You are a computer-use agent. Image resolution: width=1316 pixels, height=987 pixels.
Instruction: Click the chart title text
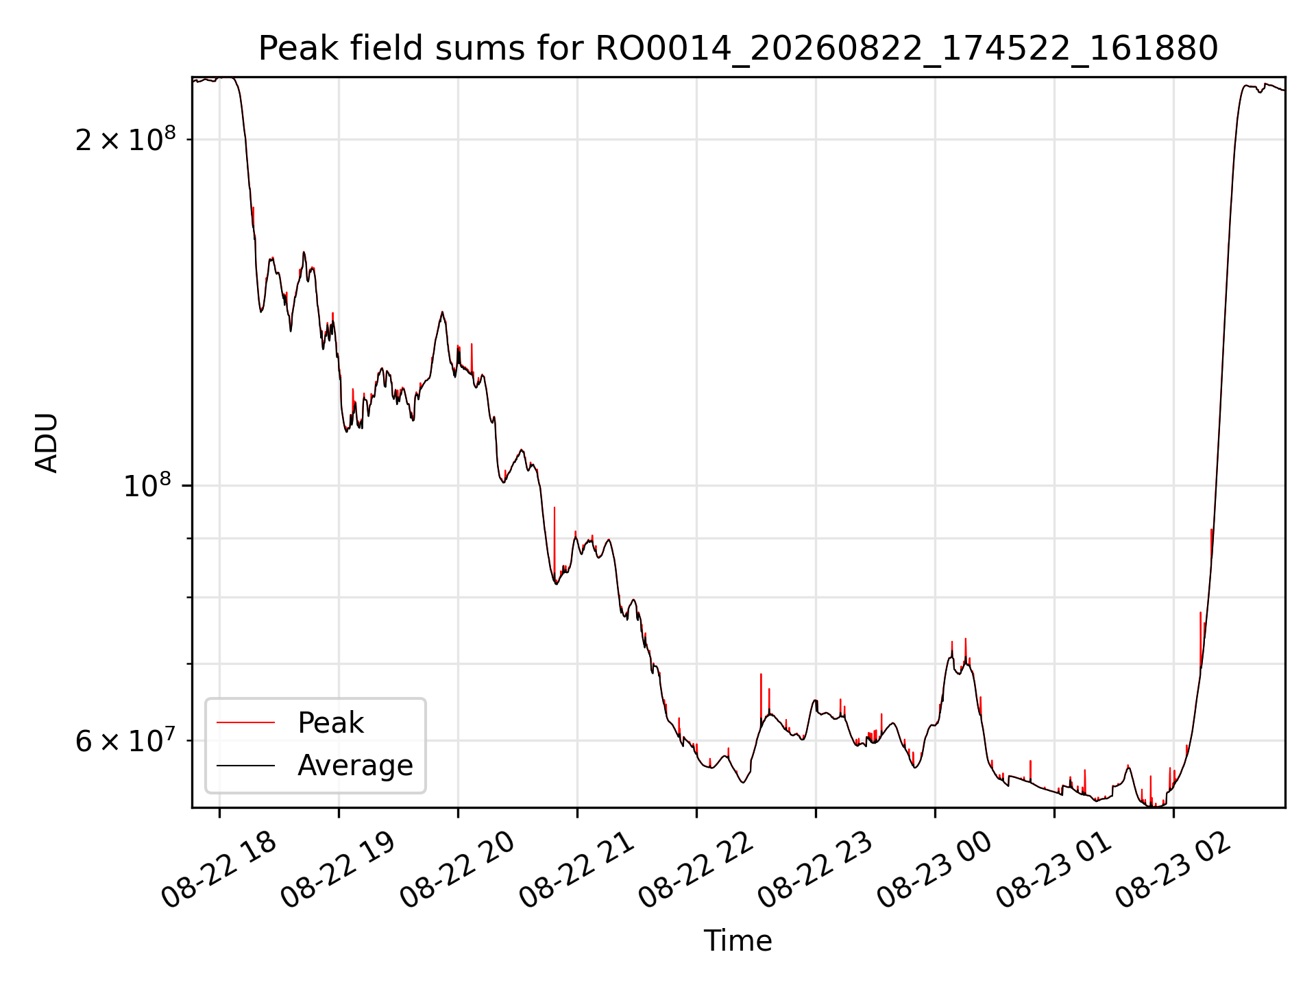point(738,49)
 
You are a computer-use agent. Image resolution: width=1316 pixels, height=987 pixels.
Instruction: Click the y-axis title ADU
point(47,443)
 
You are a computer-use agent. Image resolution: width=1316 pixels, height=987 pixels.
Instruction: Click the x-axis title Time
point(738,940)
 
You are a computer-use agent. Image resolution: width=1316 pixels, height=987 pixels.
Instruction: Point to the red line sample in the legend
point(245,722)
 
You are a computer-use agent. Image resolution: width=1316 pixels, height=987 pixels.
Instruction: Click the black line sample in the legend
point(245,765)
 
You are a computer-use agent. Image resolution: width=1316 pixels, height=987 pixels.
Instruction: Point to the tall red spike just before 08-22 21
point(555,541)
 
